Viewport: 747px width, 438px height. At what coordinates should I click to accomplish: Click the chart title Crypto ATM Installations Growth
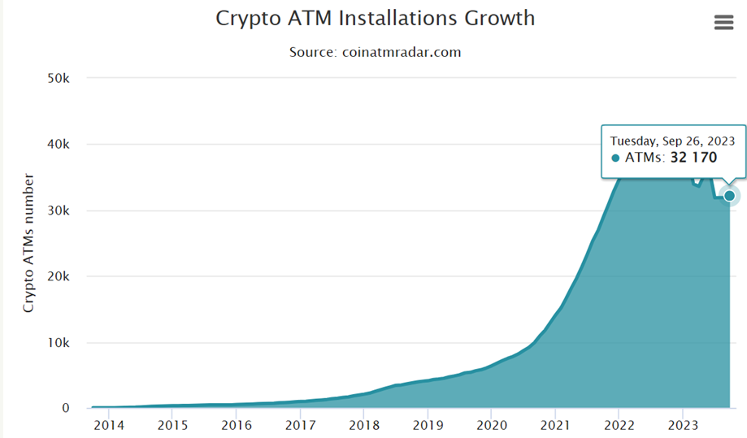(x=375, y=18)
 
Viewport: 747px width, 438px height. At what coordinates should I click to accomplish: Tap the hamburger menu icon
(x=723, y=23)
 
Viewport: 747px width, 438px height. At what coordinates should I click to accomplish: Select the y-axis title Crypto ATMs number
(x=28, y=243)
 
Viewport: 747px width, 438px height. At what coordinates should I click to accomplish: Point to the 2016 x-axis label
(x=236, y=424)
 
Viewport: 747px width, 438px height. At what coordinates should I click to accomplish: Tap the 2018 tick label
(x=364, y=424)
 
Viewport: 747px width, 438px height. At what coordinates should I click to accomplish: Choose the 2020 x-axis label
(x=492, y=424)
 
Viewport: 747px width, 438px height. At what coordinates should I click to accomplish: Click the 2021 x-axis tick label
(x=555, y=424)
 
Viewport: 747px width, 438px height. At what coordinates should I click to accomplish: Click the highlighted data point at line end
(x=729, y=195)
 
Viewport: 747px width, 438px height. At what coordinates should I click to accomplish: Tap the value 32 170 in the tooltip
(x=693, y=158)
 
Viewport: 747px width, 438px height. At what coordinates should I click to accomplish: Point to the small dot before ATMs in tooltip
(x=615, y=158)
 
